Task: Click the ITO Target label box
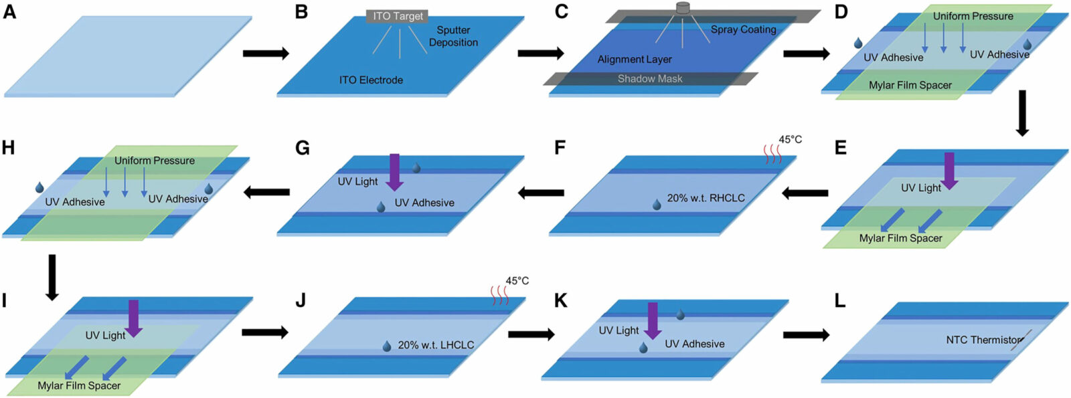[398, 16]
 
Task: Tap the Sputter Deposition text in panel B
[453, 36]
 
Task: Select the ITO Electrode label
[371, 80]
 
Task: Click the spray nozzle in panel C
[683, 8]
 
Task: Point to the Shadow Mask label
[650, 78]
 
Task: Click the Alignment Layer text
[635, 59]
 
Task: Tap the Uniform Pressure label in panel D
[973, 15]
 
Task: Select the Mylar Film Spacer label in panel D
[910, 85]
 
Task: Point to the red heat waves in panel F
[773, 155]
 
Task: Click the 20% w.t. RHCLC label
[706, 198]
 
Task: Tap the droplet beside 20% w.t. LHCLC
[386, 346]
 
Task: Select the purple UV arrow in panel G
[395, 171]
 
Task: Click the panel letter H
[8, 147]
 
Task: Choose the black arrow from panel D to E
[1021, 113]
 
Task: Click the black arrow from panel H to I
[52, 276]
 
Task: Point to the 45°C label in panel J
[517, 281]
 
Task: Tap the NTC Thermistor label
[984, 340]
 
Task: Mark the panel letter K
[560, 301]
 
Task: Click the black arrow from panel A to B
[265, 53]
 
